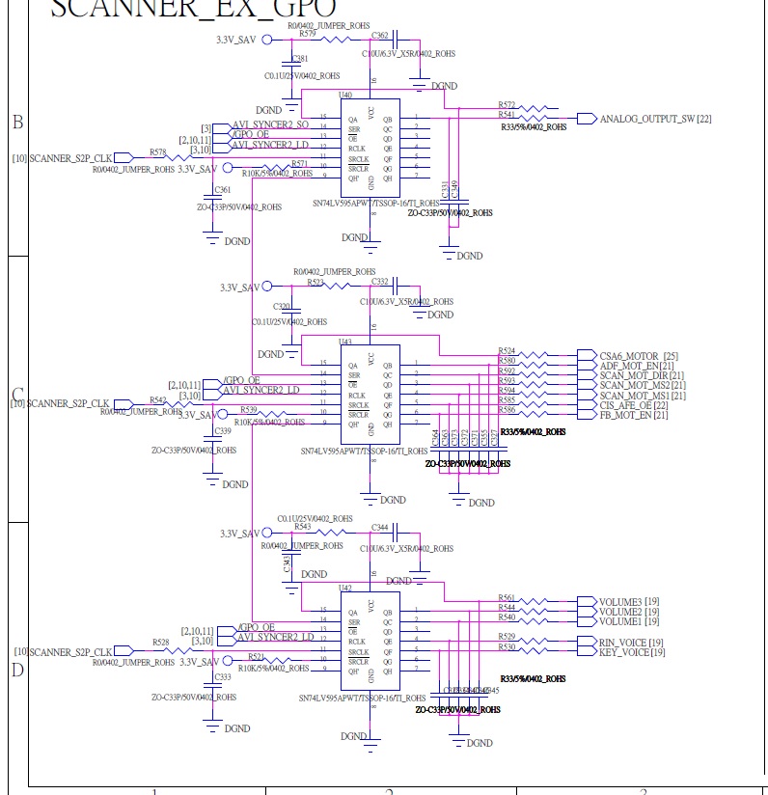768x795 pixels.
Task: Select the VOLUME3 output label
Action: (x=620, y=602)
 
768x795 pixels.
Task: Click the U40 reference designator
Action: (x=345, y=96)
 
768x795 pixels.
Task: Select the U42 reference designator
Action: (x=344, y=587)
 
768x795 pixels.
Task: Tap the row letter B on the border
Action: (x=16, y=123)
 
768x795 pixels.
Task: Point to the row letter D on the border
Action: (x=16, y=670)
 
